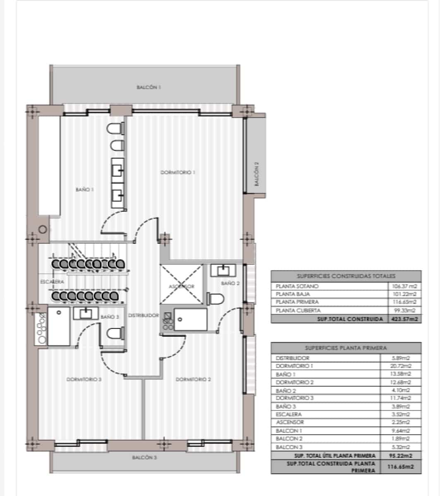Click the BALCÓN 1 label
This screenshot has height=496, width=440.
(148, 87)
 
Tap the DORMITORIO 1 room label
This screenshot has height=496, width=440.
(178, 172)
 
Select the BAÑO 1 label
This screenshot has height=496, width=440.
(85, 189)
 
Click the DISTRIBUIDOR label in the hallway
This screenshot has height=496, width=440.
(143, 315)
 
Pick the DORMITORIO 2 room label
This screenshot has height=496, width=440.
(194, 379)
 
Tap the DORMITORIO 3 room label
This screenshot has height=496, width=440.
(84, 379)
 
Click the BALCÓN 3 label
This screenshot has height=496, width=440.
(144, 458)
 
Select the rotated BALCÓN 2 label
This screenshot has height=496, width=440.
(256, 175)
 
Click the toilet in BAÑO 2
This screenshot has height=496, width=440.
(216, 298)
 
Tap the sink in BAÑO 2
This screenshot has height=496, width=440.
(223, 271)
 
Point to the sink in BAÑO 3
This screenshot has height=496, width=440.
(86, 313)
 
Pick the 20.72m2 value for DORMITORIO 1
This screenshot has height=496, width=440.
(401, 366)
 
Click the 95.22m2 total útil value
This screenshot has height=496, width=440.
(401, 455)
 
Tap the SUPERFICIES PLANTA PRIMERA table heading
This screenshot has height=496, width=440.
(346, 348)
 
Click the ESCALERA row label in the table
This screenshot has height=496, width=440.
(289, 414)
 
